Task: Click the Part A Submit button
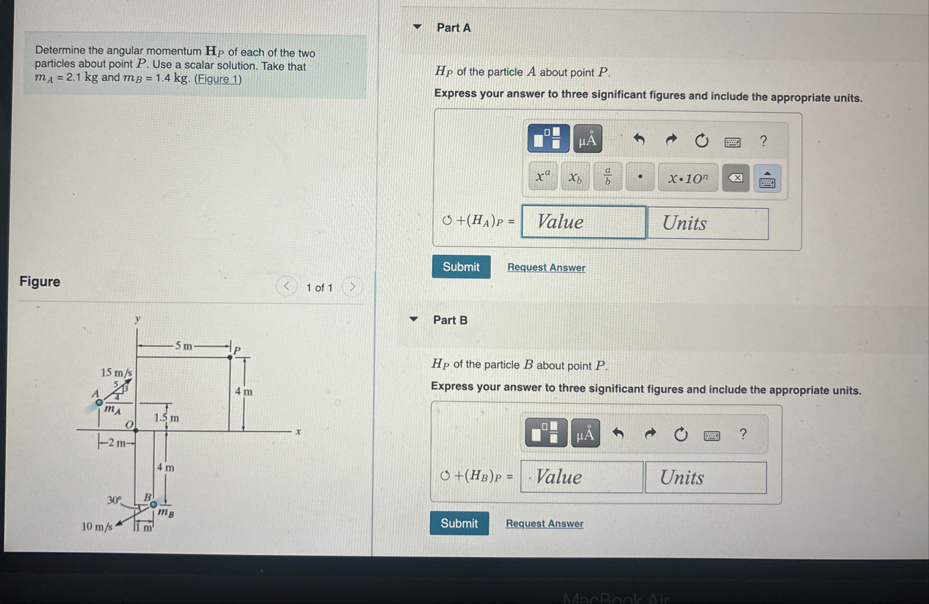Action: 461,267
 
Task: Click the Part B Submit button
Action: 459,523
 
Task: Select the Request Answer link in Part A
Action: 546,268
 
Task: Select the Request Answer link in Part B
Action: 545,523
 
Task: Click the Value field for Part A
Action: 583,222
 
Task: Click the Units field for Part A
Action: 708,223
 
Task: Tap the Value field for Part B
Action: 582,477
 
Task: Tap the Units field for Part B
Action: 705,477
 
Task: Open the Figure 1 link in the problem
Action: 218,79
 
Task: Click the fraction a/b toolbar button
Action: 608,177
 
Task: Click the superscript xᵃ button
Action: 543,177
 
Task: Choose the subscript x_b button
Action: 575,177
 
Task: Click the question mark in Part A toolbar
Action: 764,141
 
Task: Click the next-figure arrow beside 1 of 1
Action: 353,287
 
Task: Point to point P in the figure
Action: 230,357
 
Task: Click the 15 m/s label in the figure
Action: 117,373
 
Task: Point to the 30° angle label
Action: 114,500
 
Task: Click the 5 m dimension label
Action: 184,346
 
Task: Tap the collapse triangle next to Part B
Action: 414,320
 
